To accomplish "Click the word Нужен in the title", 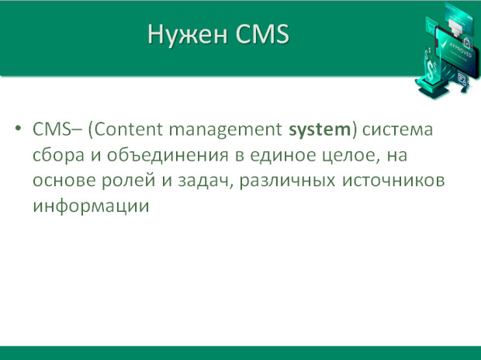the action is tap(188, 35).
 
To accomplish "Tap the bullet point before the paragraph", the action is tap(18, 128).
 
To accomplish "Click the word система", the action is tap(397, 130).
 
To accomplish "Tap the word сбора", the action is tap(58, 155).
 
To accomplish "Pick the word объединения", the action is tap(168, 155).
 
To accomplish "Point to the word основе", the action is tap(64, 181).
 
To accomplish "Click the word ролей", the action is tap(128, 181).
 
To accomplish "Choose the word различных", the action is tap(287, 182).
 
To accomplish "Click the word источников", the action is tap(393, 181).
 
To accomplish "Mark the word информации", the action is tap(91, 206).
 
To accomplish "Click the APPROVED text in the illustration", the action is tap(460, 49).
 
